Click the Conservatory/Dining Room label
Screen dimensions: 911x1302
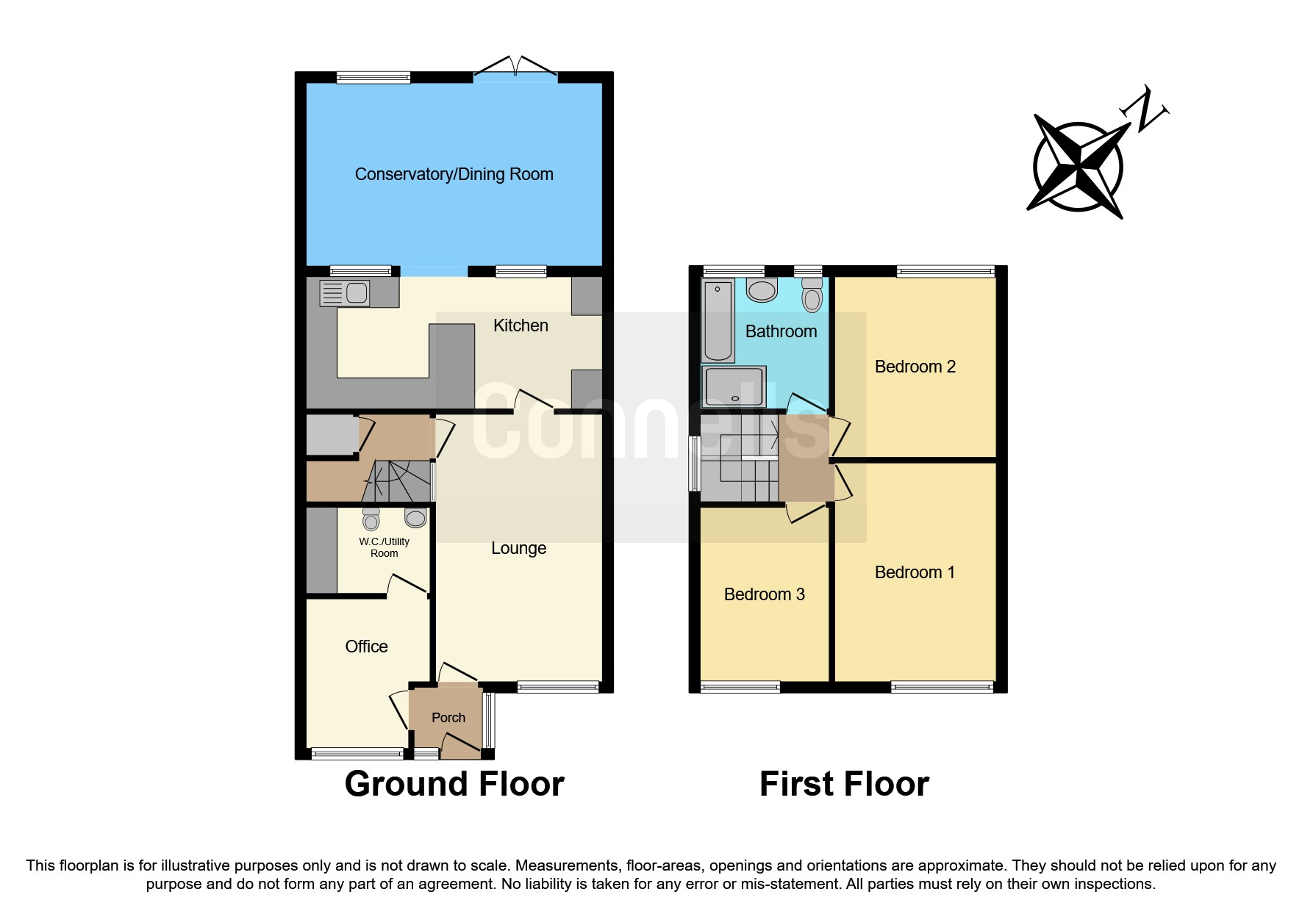454,174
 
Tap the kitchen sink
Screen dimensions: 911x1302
345,293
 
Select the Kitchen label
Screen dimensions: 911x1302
521,325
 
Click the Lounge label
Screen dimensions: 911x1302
518,548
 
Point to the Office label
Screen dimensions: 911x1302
366,647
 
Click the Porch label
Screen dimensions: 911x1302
448,718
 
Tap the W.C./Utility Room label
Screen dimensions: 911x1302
384,547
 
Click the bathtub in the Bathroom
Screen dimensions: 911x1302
718,320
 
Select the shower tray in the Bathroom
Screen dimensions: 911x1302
734,386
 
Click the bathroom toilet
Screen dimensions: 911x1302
812,295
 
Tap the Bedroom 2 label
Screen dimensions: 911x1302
915,367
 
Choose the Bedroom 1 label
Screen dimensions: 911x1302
915,572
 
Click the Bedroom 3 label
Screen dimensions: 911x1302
764,594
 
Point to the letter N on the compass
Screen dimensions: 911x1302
1144,110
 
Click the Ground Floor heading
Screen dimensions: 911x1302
454,784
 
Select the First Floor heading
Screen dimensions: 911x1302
844,784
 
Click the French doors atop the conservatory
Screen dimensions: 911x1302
515,68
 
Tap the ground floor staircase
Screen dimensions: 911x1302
397,481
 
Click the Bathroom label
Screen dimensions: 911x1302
781,331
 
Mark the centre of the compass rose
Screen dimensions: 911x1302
1078,168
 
